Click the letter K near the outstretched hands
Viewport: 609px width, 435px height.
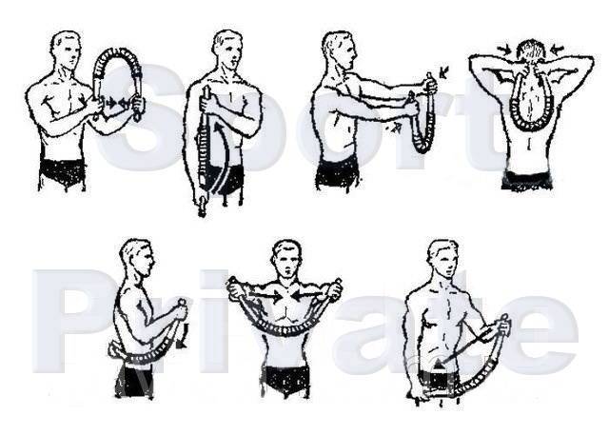click(x=443, y=71)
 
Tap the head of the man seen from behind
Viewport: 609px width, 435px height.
click(x=531, y=53)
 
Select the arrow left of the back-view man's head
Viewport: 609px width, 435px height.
click(x=505, y=49)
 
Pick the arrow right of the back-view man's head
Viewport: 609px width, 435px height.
click(x=557, y=49)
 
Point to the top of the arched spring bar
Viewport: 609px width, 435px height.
click(x=116, y=51)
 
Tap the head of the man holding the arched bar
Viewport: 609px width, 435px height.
click(x=66, y=49)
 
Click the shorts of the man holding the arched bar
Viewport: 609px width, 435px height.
click(x=62, y=174)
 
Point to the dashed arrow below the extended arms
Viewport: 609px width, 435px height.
click(x=393, y=128)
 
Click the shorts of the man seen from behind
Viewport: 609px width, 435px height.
click(x=526, y=181)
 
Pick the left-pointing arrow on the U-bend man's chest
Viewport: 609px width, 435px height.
click(x=307, y=296)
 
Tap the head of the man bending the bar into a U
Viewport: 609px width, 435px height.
click(x=286, y=259)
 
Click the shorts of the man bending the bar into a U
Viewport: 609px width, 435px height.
click(x=286, y=382)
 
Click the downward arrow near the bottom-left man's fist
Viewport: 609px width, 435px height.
click(x=183, y=335)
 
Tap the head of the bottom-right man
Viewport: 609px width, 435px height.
click(x=443, y=259)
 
